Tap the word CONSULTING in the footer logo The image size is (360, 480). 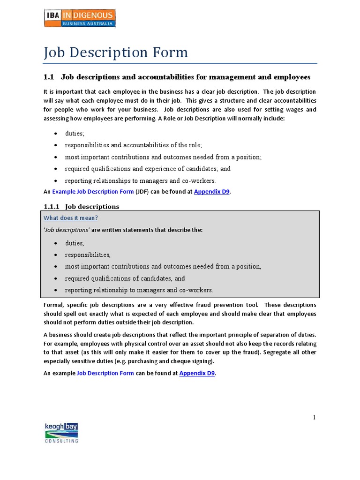61,441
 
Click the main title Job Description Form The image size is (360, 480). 116,52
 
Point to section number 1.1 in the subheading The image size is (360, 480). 49,77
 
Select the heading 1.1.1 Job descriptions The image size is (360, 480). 82,206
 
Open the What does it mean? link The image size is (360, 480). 71,218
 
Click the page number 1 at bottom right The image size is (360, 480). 315,417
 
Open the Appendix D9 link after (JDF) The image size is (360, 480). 212,192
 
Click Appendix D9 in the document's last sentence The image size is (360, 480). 197,373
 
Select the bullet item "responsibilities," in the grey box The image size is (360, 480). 88,255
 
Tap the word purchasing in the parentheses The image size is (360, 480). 143,361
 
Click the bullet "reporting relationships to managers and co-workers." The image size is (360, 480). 140,180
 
